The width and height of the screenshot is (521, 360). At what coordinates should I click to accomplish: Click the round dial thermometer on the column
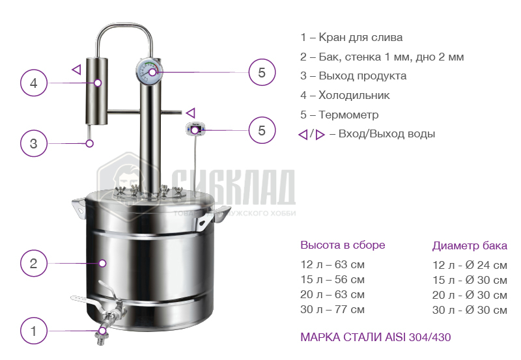pos(149,72)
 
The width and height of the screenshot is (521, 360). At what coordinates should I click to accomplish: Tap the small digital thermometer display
pos(195,129)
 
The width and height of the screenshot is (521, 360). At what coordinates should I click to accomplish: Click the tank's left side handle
pos(79,208)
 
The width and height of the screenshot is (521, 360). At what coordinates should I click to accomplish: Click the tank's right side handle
pos(213,217)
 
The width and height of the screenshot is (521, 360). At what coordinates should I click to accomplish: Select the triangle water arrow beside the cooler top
pos(77,70)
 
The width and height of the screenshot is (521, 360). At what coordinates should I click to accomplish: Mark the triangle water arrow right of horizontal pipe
pos(191,113)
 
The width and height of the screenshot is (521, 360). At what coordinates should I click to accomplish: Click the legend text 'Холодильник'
pos(354,95)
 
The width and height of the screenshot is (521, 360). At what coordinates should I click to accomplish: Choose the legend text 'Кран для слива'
pos(361,37)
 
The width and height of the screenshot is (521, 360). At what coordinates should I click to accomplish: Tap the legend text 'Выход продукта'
pos(363,76)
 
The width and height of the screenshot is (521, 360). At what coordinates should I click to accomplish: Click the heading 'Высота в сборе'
pos(343,245)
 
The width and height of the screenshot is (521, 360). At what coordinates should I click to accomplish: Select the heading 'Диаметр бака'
pos(470,246)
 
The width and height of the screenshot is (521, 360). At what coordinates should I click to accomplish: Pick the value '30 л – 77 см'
pos(332,309)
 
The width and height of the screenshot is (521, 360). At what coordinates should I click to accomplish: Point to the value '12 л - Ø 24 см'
pos(470,265)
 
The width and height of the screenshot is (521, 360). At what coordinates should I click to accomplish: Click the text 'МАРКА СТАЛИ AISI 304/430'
pos(376,337)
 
